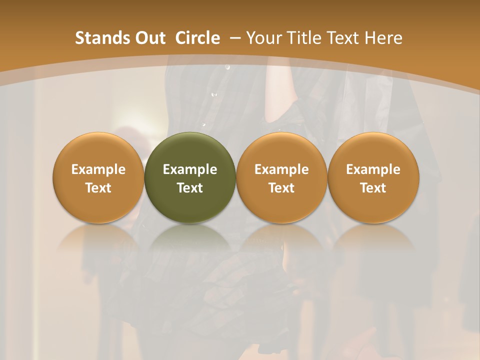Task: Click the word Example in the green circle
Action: click(190, 169)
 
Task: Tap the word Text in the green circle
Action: click(190, 188)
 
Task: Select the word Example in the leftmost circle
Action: click(98, 169)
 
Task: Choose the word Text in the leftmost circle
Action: click(98, 188)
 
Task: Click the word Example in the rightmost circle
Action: click(373, 169)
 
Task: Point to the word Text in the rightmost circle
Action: click(373, 188)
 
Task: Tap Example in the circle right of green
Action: click(281, 169)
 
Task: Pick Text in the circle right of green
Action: click(281, 188)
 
